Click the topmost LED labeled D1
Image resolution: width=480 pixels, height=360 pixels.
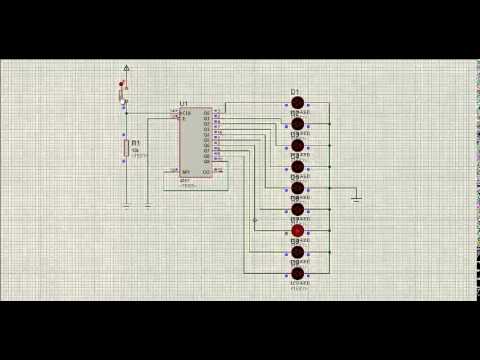[x=297, y=102]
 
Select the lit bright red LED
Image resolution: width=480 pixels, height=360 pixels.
[x=297, y=231]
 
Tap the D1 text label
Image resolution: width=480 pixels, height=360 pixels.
[x=295, y=91]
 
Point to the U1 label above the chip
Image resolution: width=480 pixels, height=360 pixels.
[x=184, y=104]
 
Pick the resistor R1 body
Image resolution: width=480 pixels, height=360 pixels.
[x=126, y=150]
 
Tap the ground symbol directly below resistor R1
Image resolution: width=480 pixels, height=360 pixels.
[x=126, y=205]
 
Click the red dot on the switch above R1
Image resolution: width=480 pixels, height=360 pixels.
[x=121, y=84]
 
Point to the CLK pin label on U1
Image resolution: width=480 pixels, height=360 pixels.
[x=186, y=113]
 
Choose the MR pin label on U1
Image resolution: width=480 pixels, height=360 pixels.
[x=186, y=171]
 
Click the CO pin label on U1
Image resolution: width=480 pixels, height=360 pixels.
[x=206, y=171]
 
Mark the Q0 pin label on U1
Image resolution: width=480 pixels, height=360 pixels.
[x=206, y=113]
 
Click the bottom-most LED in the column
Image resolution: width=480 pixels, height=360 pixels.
[x=297, y=273]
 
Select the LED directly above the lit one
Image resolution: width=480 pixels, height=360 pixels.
[x=297, y=209]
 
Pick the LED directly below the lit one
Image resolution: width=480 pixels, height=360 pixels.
[x=297, y=252]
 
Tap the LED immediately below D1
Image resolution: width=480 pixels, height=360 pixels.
[x=297, y=124]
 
